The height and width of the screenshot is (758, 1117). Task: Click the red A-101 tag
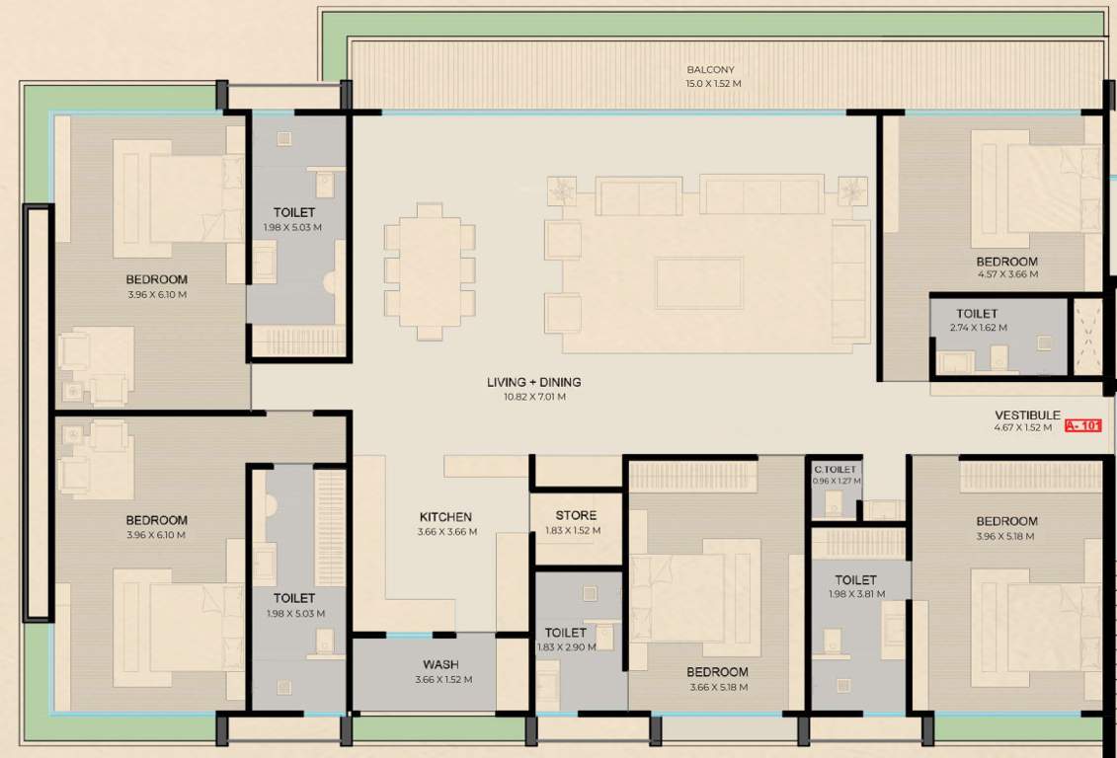[1083, 427]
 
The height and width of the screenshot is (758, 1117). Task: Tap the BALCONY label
[711, 70]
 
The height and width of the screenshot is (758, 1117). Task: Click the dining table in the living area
[430, 270]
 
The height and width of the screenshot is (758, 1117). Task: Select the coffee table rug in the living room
[699, 283]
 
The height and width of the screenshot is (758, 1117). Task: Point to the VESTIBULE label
[1027, 416]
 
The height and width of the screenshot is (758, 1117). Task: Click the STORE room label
[576, 515]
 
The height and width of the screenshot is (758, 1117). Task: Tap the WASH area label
[440, 665]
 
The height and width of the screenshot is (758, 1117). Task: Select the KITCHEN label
[445, 516]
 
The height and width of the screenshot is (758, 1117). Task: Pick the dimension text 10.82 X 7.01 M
[533, 397]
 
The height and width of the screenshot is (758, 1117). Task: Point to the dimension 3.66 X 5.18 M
[717, 687]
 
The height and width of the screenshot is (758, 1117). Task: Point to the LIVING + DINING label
[533, 382]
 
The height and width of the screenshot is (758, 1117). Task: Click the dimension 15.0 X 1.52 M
[713, 84]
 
